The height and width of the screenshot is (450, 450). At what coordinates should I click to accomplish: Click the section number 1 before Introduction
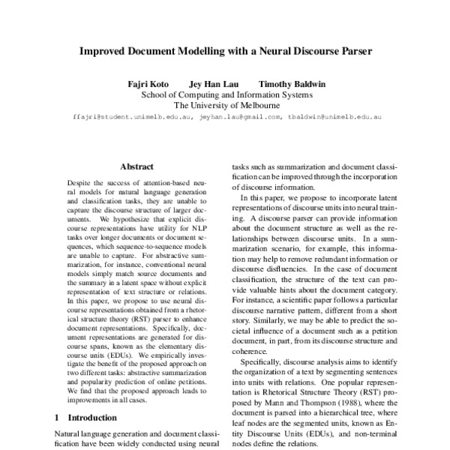coord(58,417)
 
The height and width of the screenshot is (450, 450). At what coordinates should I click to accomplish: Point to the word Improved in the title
coord(112,54)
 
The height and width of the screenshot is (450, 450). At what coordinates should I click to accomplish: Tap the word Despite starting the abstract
coord(82,182)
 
